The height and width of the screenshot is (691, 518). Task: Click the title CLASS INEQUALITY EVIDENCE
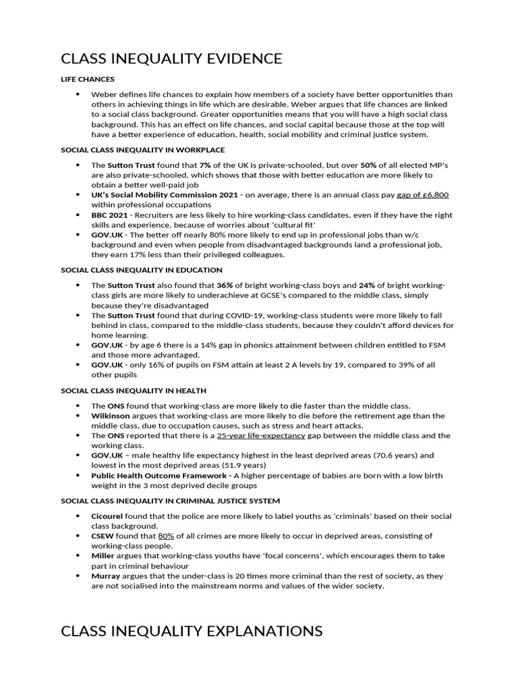171,59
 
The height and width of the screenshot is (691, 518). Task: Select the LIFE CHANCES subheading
88,80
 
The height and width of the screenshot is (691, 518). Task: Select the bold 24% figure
368,285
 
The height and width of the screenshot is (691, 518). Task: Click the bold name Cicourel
110,516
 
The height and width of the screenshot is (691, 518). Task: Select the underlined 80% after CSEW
166,536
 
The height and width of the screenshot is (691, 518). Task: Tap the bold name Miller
105,555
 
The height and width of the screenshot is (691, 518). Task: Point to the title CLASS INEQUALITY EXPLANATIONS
192,631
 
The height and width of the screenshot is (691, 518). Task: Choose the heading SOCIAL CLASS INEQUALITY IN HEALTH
134,391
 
